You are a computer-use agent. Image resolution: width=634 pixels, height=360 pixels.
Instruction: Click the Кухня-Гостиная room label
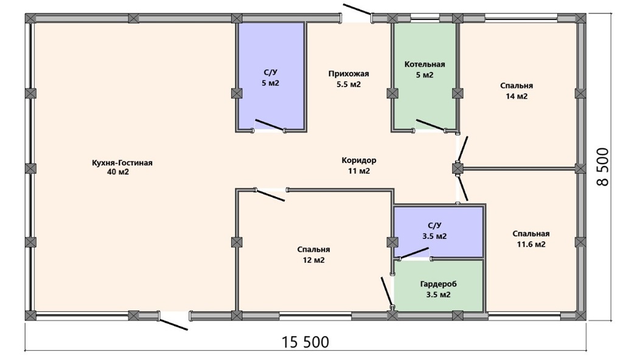point(122,163)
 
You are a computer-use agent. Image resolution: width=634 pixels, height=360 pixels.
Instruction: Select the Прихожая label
point(349,74)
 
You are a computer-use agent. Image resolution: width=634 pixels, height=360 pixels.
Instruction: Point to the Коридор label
point(358,161)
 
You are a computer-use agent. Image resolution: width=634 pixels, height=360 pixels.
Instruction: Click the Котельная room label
point(425,64)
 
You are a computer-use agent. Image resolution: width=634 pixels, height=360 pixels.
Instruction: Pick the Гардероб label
point(438,284)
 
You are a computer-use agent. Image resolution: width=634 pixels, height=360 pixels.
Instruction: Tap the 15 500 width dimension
point(305,342)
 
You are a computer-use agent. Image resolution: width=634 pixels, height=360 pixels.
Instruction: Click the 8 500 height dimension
point(602,166)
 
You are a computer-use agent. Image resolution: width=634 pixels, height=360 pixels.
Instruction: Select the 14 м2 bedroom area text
point(517,97)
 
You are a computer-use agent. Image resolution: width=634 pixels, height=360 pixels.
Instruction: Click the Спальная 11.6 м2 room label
point(531,239)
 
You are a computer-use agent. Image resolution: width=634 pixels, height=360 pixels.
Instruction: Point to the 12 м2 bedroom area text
point(314,260)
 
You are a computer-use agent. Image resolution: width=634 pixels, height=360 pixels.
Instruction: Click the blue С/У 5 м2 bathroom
point(271,77)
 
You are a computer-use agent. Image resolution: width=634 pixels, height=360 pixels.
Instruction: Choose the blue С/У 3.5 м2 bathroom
point(439,232)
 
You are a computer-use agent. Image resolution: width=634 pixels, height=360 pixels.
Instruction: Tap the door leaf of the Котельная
point(431,125)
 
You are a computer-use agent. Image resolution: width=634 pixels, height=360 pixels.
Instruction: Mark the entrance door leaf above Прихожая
point(357,9)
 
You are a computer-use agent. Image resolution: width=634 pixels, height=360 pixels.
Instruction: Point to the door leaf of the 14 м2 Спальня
point(462,149)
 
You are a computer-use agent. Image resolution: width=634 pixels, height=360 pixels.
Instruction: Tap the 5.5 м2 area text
point(349,85)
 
